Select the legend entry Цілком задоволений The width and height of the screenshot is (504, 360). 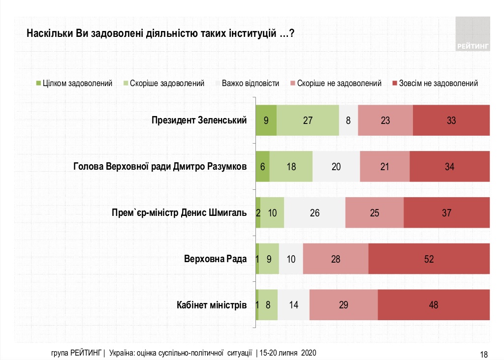[x=74, y=83]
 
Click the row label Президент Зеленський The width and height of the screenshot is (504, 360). [x=199, y=120]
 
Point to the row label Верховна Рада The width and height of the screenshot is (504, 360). [x=215, y=259]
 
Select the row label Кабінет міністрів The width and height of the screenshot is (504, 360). [x=212, y=305]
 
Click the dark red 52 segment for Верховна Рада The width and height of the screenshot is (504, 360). [x=429, y=259]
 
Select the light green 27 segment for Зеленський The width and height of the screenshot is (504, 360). [x=308, y=120]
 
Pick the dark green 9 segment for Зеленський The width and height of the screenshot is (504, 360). [x=266, y=120]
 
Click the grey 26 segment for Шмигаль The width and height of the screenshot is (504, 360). [x=315, y=213]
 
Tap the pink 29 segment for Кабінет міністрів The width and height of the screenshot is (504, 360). [x=344, y=305]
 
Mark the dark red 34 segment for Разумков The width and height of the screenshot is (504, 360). [x=449, y=166]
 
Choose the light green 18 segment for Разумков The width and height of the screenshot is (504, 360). [x=291, y=166]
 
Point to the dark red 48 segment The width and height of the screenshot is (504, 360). [x=433, y=305]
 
